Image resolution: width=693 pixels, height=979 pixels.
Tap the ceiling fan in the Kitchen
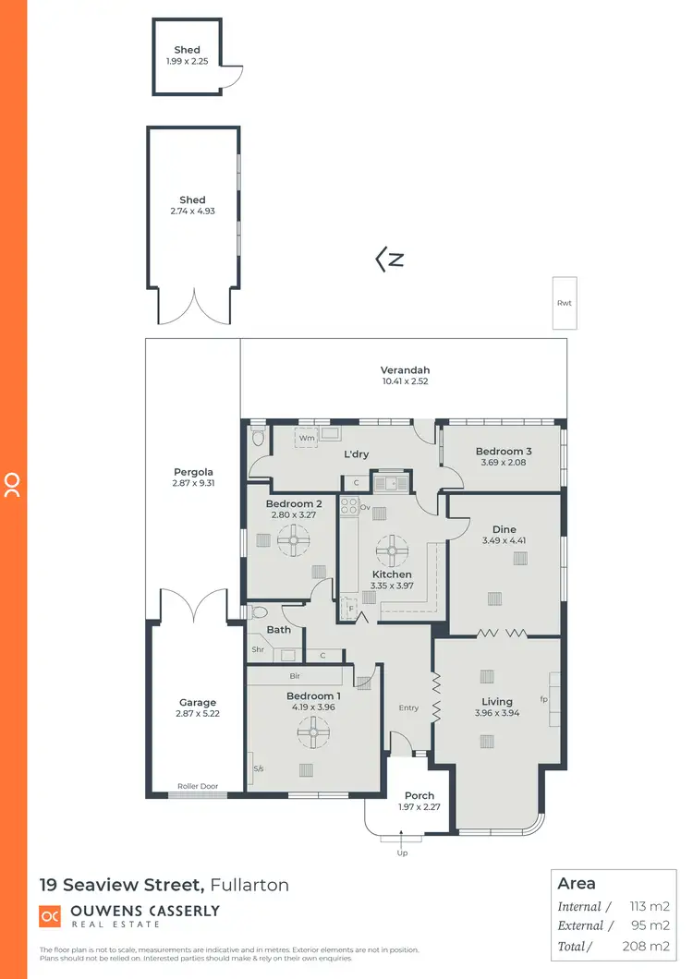coord(392,551)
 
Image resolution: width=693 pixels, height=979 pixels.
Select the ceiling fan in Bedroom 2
coord(294,540)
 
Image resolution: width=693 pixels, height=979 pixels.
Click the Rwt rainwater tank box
coord(565,302)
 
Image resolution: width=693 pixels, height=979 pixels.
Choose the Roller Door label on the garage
coord(198,787)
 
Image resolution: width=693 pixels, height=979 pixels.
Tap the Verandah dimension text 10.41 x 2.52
coord(405,381)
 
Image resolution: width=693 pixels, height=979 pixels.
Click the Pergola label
coord(193,472)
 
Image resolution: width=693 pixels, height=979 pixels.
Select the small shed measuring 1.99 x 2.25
coord(188,55)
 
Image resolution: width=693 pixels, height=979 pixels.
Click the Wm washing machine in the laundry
coord(307,437)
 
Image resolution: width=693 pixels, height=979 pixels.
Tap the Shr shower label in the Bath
coord(258,649)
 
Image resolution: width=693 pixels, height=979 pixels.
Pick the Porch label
coord(419,795)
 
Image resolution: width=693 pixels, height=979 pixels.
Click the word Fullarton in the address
coord(249,885)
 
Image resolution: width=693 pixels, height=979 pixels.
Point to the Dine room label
coord(504,529)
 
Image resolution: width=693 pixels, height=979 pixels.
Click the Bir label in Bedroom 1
coord(294,676)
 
